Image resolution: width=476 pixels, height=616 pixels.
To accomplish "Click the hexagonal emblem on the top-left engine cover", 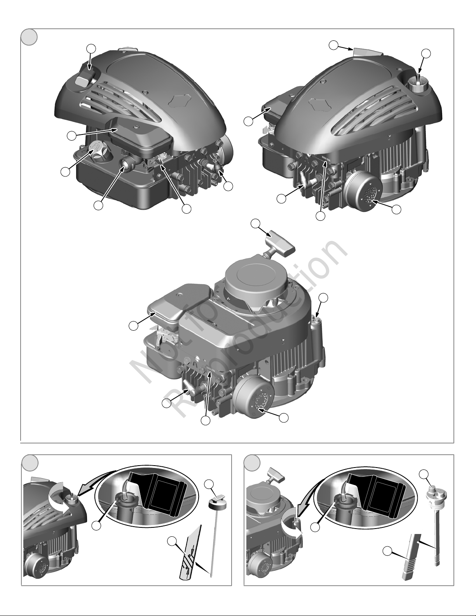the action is tap(181, 100).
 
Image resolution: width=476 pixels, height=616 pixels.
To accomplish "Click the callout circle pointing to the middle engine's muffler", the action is tap(284, 417).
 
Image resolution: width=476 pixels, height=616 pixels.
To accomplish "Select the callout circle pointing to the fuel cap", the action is tap(65, 172).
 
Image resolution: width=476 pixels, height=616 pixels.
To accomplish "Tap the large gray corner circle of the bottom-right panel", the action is tap(252, 463).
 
